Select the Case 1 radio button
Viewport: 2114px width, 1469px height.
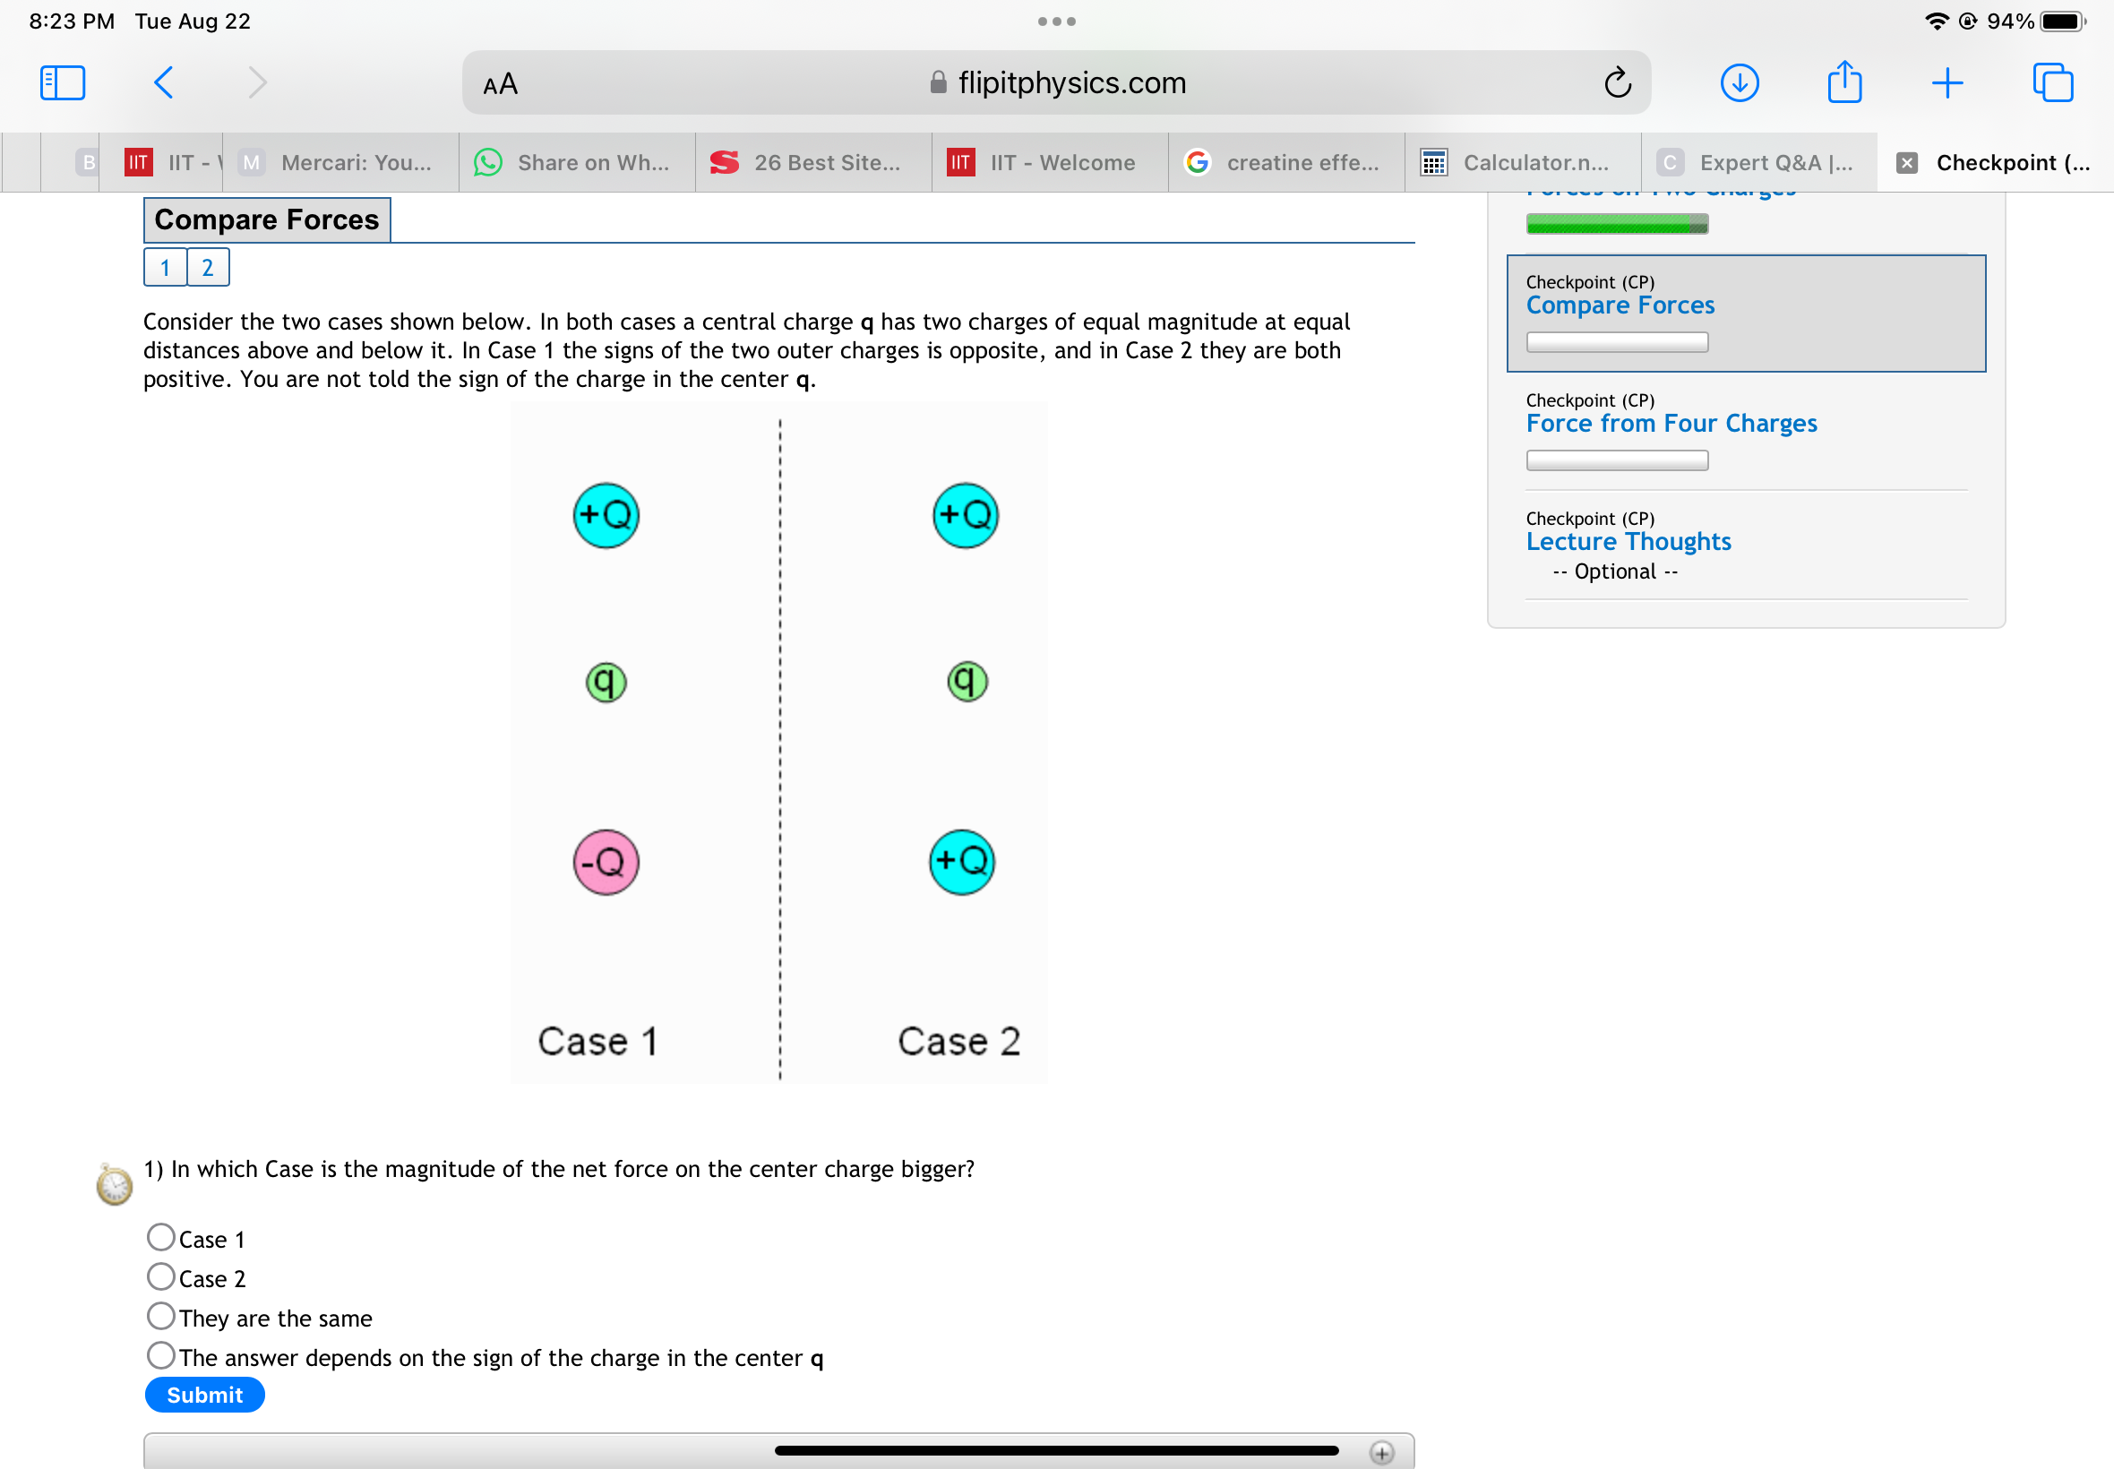(x=161, y=1237)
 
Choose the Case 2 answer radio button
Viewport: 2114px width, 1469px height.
(x=161, y=1276)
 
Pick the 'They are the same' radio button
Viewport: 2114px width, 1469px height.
(x=161, y=1316)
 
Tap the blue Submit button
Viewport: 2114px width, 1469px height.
(x=204, y=1396)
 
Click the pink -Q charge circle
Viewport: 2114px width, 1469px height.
(x=606, y=863)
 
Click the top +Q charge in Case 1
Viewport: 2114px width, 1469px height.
(x=606, y=515)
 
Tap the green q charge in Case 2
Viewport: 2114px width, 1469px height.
(x=967, y=682)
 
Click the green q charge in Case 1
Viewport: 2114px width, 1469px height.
(x=606, y=683)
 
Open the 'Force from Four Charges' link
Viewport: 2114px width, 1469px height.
(x=1671, y=424)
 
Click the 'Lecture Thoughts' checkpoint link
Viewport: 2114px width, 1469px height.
(x=1628, y=541)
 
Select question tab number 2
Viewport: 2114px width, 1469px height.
(x=208, y=268)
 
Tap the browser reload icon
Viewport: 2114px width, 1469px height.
(x=1617, y=82)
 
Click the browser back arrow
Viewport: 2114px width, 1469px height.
(x=164, y=82)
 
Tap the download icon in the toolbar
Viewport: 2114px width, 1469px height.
(x=1739, y=82)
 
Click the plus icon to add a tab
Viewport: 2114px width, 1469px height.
(x=1946, y=82)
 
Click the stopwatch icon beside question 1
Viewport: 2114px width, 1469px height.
(x=114, y=1184)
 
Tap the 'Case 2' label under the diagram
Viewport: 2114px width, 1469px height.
(x=959, y=1042)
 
